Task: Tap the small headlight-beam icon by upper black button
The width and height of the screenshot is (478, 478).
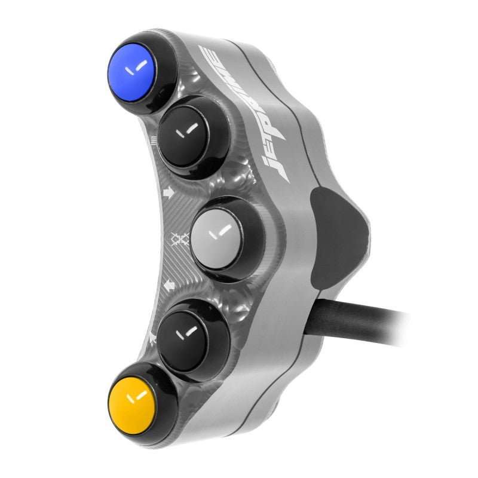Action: (x=155, y=142)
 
